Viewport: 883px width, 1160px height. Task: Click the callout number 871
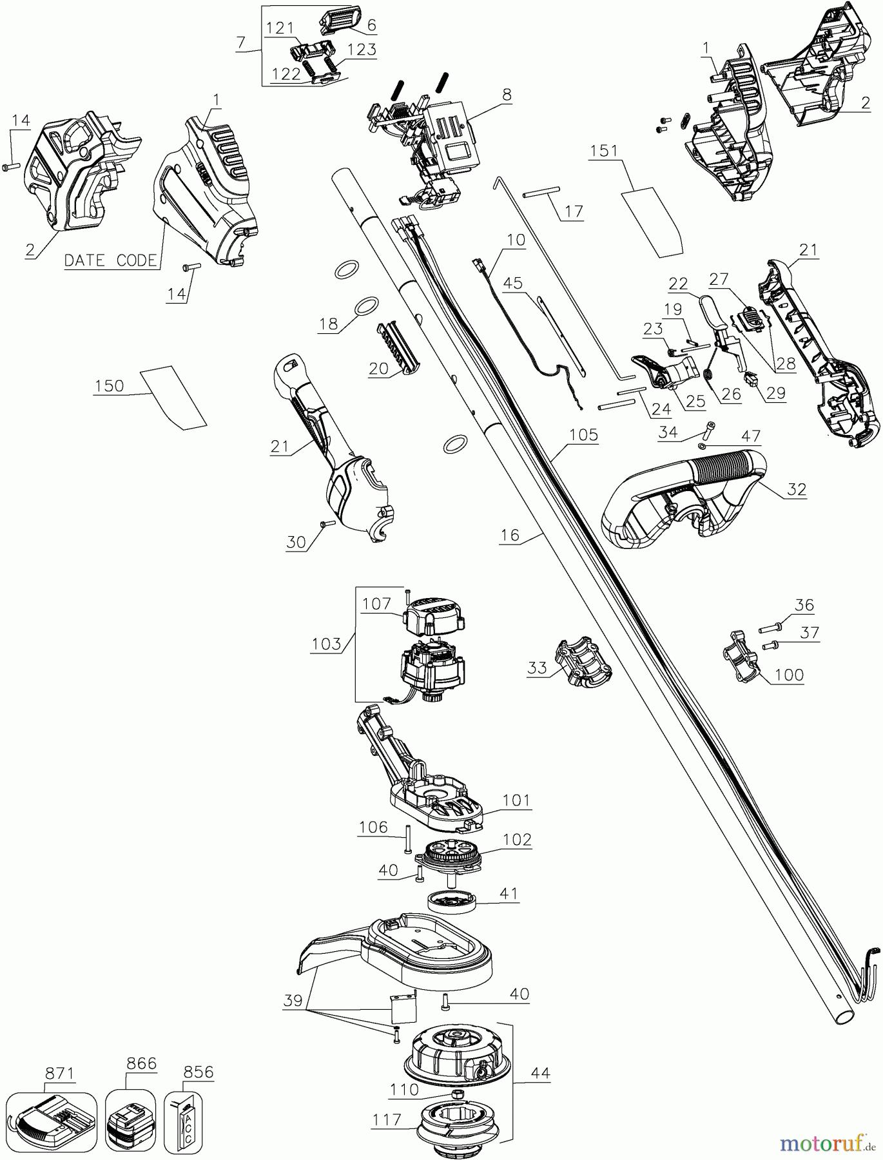pyautogui.click(x=60, y=1073)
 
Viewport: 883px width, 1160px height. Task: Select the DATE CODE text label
pyautogui.click(x=110, y=260)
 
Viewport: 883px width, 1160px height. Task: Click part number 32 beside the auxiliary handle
pyautogui.click(x=797, y=489)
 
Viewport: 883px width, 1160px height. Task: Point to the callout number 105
pyautogui.click(x=583, y=435)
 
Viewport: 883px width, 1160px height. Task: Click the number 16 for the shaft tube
pyautogui.click(x=509, y=534)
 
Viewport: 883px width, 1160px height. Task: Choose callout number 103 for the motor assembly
pyautogui.click(x=326, y=643)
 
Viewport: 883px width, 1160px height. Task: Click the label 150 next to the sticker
pyautogui.click(x=109, y=385)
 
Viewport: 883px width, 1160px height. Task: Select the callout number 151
pyautogui.click(x=604, y=151)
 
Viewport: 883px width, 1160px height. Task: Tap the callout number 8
pyautogui.click(x=507, y=95)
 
